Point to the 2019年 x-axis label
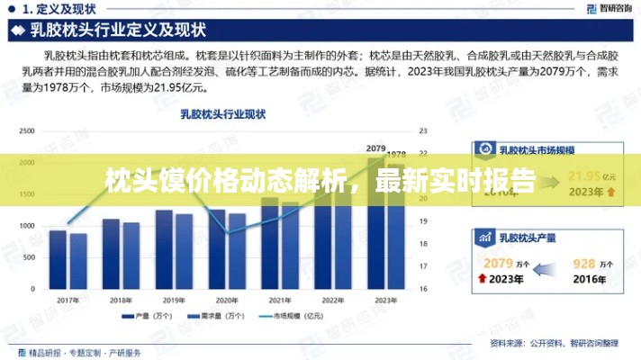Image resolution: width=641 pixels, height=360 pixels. [x=175, y=299]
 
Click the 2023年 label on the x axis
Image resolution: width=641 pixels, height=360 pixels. [x=385, y=299]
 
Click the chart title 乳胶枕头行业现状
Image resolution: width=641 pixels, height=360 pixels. [x=223, y=114]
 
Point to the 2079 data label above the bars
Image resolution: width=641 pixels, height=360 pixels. [x=376, y=148]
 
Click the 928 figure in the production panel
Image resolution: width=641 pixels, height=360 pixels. [x=584, y=263]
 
